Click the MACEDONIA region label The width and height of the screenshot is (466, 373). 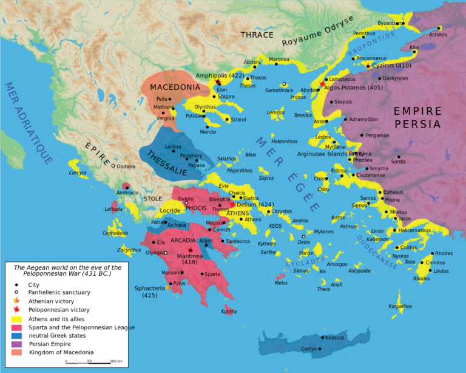tap(175, 87)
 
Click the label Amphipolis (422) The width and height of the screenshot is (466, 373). tap(219, 75)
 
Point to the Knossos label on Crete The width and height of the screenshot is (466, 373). tap(334, 338)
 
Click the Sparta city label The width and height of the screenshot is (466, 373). tap(212, 274)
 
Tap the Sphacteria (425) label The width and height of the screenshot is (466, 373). tap(150, 291)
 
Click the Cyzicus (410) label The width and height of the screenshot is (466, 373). tap(391, 65)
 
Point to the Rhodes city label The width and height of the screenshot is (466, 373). tap(444, 253)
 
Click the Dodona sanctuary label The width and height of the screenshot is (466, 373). tap(126, 166)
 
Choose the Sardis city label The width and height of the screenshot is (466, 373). tap(398, 162)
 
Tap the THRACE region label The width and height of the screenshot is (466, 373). tap(257, 35)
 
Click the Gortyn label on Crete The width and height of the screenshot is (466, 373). tap(309, 349)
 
